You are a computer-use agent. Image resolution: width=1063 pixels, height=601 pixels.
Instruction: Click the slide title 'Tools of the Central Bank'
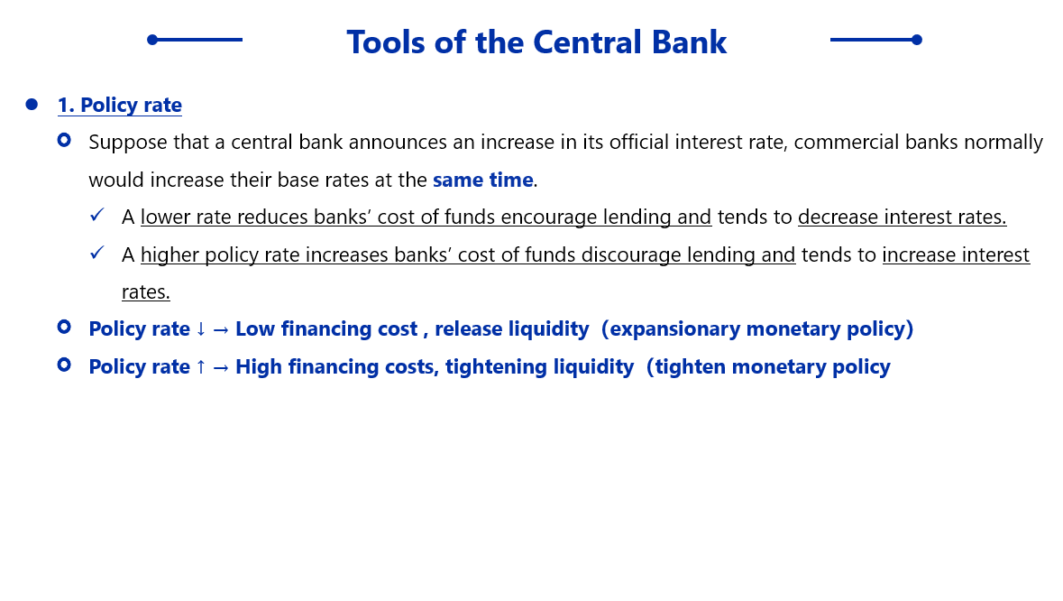(536, 42)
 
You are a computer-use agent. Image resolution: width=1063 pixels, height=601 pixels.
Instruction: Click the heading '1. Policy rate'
(119, 106)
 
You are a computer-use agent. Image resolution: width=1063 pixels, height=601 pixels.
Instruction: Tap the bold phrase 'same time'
(482, 180)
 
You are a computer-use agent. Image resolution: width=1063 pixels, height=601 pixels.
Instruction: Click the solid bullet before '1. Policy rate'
(32, 105)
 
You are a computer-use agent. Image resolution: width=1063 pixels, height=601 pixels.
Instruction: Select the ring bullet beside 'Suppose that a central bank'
(64, 141)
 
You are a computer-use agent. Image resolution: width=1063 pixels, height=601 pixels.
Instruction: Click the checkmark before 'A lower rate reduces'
(97, 215)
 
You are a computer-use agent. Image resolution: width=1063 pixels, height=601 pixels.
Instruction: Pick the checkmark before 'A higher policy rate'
(97, 253)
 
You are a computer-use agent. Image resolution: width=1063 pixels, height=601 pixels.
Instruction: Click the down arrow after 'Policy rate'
(201, 329)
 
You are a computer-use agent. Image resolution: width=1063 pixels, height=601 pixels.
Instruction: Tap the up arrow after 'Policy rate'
(201, 367)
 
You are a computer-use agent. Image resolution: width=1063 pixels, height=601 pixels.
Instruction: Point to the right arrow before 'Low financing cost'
(221, 330)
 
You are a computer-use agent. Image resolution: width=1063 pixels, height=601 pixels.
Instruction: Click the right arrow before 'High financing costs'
(221, 367)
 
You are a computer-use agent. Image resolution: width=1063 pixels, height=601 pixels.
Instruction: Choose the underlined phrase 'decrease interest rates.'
(903, 217)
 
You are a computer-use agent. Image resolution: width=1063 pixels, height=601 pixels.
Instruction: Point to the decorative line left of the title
(195, 40)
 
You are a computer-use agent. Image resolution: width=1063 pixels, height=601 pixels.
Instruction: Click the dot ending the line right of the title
(917, 40)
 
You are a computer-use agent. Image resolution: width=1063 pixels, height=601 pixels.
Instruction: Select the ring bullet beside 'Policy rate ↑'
(64, 365)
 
